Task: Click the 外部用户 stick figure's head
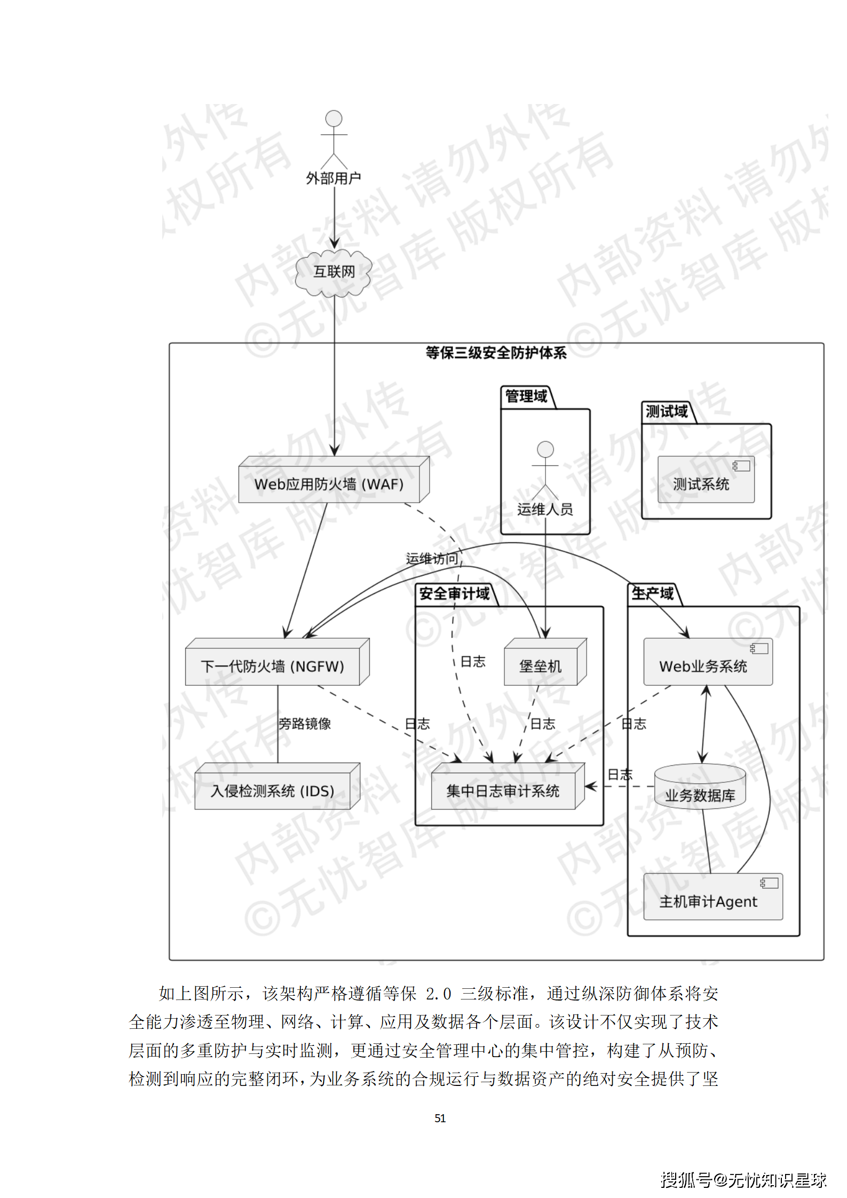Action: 334,118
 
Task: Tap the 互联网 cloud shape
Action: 334,272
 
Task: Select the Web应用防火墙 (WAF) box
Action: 329,484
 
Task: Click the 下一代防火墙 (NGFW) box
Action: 273,666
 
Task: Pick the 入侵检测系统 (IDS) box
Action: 273,790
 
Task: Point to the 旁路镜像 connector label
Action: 305,724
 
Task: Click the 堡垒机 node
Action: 541,665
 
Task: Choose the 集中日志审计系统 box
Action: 503,790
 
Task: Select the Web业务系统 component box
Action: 703,665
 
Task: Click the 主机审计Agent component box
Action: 708,901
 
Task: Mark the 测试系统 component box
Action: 701,483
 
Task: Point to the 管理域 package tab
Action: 526,396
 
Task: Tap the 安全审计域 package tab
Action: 454,593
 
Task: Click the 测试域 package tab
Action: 667,411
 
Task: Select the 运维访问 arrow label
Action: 432,559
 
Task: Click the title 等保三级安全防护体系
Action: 496,353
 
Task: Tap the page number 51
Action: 440,1118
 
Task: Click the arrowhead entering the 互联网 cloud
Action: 335,243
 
